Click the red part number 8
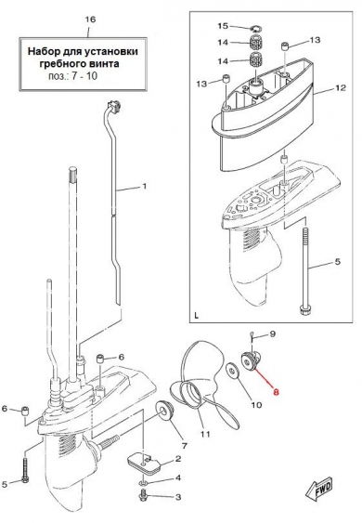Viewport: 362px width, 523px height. [x=276, y=392]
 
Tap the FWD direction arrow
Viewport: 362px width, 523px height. [x=318, y=490]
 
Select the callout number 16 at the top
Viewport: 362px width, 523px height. [x=90, y=20]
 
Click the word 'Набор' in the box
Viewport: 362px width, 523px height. [x=42, y=52]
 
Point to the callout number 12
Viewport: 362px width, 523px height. [x=340, y=88]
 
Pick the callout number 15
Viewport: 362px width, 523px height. [x=223, y=26]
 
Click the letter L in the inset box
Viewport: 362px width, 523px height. [x=196, y=316]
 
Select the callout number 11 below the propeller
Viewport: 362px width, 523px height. [x=205, y=434]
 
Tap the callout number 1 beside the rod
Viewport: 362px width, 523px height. [x=144, y=186]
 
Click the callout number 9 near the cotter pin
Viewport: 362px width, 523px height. [x=272, y=333]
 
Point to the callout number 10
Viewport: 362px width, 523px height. [x=256, y=405]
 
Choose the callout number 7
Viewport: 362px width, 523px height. [x=184, y=445]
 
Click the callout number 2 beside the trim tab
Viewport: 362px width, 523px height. [x=177, y=459]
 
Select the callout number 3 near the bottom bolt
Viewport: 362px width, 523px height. [x=177, y=497]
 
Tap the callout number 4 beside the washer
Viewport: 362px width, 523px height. [x=178, y=478]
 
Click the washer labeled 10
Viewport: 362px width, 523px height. [x=233, y=371]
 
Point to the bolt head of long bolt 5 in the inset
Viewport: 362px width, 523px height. [x=305, y=309]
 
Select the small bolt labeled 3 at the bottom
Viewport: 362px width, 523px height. [x=143, y=495]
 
